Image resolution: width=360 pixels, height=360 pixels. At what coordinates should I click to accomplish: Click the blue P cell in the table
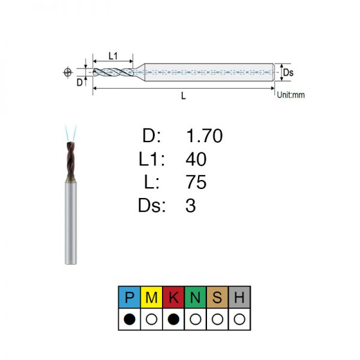coord(129,297)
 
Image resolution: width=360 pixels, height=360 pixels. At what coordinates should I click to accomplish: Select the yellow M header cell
coord(151,297)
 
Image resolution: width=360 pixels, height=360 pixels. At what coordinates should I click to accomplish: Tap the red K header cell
coord(173,297)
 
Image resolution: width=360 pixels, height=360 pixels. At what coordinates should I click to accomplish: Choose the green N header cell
coord(196,297)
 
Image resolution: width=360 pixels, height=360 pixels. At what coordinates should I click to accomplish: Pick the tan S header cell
coord(217,297)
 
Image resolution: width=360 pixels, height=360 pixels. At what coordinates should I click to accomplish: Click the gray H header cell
coord(239,297)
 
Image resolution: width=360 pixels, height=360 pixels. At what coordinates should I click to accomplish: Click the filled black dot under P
coord(130,319)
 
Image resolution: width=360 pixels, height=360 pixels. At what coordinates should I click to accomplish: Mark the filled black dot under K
coord(173,319)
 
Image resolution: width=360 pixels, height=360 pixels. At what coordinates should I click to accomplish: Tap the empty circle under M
coord(152,319)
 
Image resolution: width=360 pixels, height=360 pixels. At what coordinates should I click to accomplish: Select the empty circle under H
coord(239,319)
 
